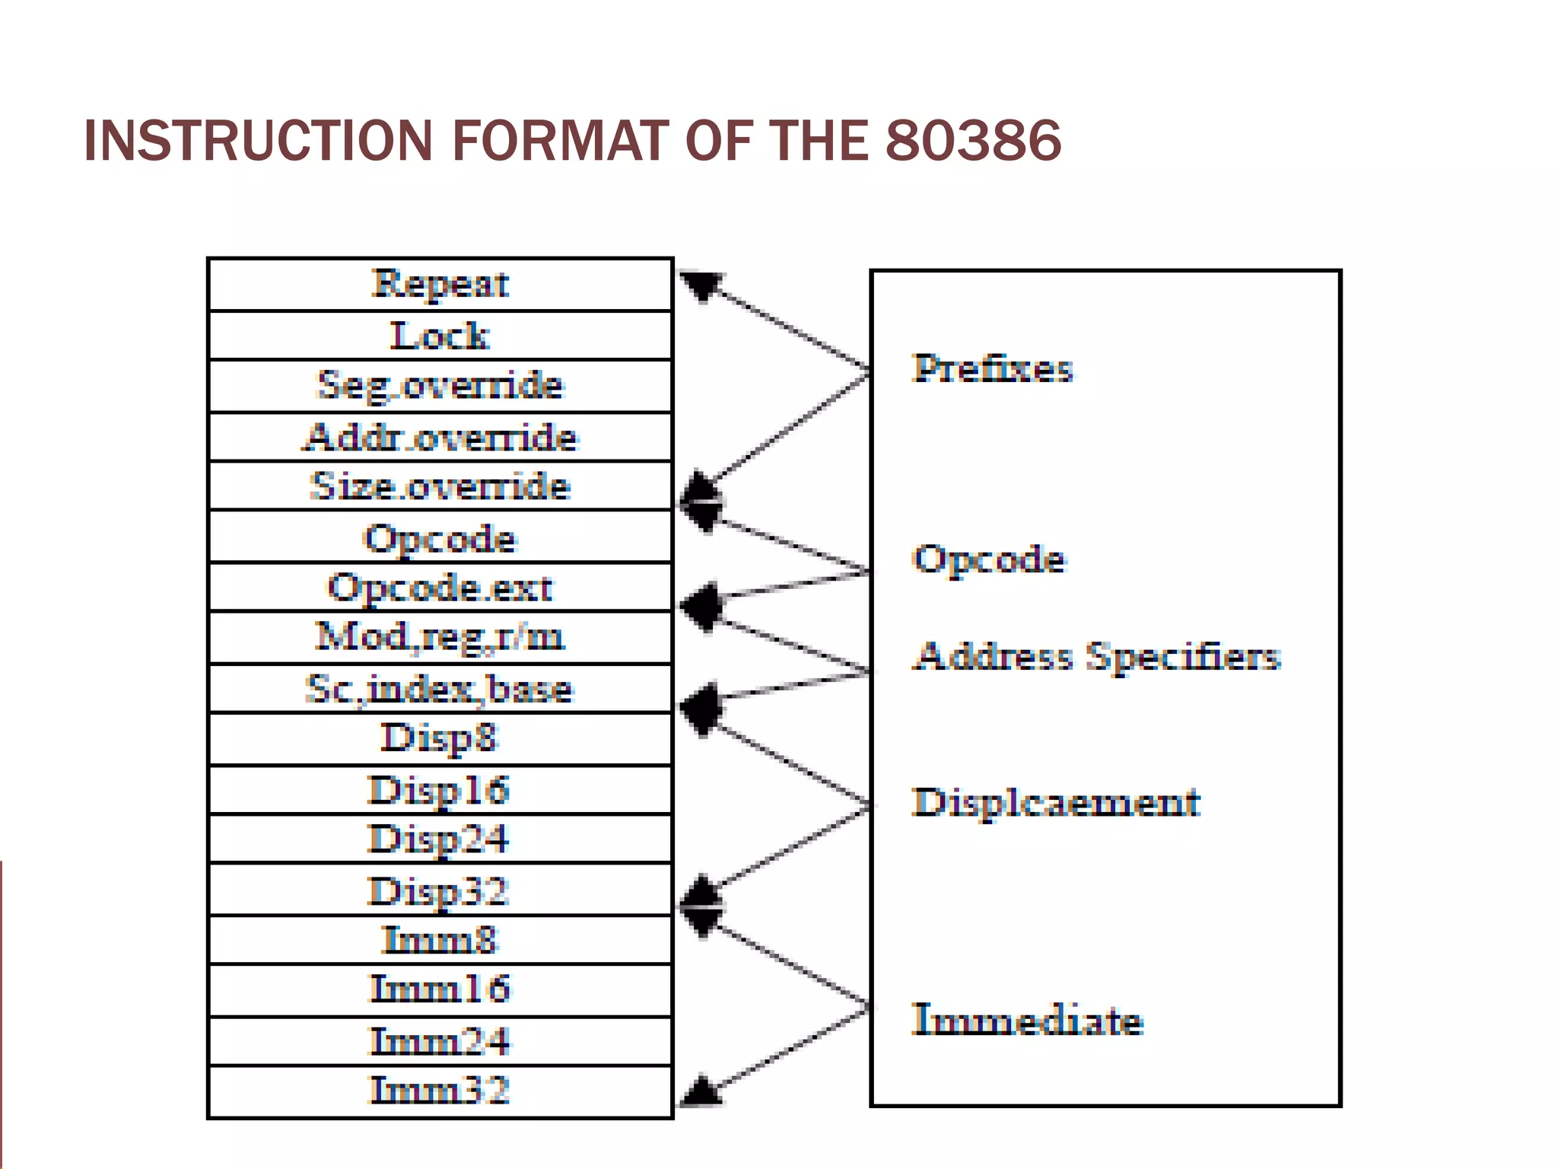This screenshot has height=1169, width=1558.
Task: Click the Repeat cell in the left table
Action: [440, 284]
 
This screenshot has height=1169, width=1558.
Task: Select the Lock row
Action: [440, 336]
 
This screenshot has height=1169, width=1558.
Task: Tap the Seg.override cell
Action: [440, 385]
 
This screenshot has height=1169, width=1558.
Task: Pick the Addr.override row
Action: [440, 437]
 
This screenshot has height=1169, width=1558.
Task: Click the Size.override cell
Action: [440, 486]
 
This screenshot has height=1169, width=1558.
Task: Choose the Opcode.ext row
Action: [440, 588]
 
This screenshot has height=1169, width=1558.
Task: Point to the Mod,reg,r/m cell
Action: [440, 637]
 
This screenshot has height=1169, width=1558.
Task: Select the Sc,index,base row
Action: [440, 689]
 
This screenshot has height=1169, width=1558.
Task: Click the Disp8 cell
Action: [440, 738]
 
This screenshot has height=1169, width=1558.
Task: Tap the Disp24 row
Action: [440, 839]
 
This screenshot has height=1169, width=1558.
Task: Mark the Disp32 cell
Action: [440, 890]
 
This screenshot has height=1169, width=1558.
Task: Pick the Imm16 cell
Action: [440, 989]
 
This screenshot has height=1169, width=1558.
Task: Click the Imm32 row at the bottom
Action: [440, 1091]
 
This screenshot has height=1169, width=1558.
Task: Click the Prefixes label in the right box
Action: [993, 368]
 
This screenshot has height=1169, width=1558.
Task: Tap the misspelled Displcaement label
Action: [1056, 803]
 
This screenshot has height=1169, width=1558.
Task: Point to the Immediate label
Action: [1027, 1020]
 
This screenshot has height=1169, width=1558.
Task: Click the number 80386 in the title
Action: [973, 141]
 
